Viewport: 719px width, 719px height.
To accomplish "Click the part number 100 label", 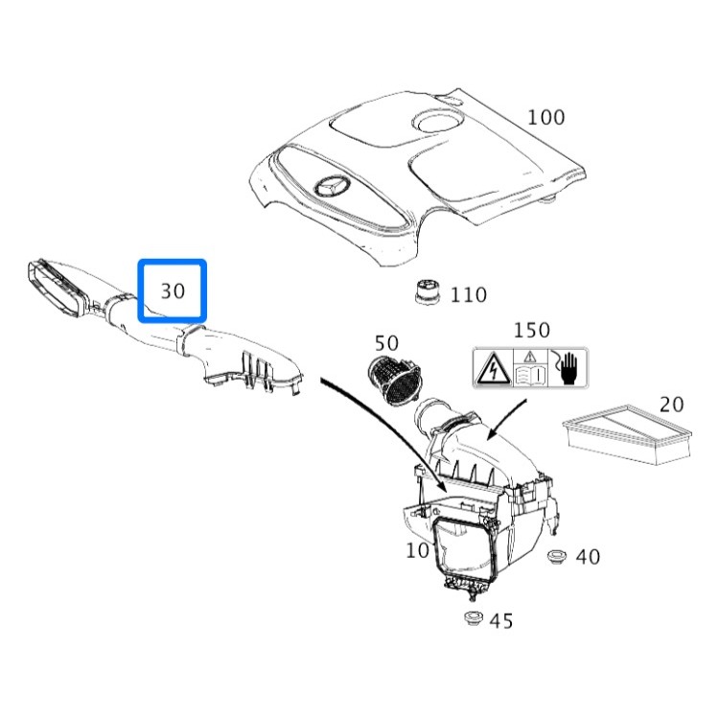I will [x=546, y=118].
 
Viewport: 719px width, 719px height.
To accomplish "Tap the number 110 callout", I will [x=469, y=295].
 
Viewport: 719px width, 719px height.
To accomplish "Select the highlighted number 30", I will [x=173, y=290].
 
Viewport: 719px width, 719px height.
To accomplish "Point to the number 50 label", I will [x=386, y=342].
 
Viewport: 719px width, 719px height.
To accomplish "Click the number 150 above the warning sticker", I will [x=532, y=331].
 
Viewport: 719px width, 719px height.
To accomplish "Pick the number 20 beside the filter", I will [x=672, y=404].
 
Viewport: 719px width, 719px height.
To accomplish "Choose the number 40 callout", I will [x=588, y=557].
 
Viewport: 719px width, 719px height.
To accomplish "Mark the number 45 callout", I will [x=501, y=621].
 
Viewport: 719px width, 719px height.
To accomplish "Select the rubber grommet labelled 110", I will [x=428, y=291].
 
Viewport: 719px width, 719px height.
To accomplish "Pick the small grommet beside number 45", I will [x=472, y=618].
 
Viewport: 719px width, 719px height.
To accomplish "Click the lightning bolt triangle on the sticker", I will [x=493, y=368].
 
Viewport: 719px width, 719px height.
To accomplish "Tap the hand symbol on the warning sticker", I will [x=568, y=368].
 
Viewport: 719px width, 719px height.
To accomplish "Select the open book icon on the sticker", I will [x=530, y=373].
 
